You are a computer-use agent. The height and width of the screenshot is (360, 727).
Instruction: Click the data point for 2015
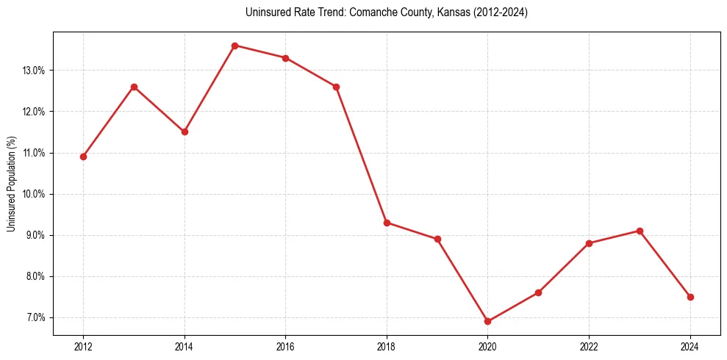coord(235,46)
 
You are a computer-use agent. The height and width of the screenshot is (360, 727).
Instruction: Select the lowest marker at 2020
coord(488,321)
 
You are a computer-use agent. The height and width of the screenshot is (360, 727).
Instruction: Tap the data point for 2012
coord(83,156)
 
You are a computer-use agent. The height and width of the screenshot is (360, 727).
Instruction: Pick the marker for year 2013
coord(134,87)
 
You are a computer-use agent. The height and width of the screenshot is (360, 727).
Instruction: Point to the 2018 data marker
coord(387,223)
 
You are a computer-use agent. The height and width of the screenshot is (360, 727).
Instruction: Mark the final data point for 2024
coord(690,297)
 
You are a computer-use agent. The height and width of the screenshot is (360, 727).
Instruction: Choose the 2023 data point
coord(640,231)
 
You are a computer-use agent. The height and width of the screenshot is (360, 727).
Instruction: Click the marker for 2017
coord(336,87)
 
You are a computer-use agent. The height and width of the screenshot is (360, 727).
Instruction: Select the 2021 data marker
coord(538,292)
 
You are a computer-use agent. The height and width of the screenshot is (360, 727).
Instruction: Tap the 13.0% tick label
coord(35,71)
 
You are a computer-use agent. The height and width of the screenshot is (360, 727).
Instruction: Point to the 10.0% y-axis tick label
coord(35,194)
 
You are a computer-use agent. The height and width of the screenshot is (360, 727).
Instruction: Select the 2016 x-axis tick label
coord(285,346)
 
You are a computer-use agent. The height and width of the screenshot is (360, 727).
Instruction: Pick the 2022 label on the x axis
coord(589,346)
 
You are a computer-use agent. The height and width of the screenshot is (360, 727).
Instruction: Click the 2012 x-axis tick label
coord(83,346)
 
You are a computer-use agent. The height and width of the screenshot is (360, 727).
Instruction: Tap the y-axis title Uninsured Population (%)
coord(11,184)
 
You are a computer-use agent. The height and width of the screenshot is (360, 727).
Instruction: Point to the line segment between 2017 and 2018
coord(362,154)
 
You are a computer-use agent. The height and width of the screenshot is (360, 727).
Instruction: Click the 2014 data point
coord(185,132)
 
